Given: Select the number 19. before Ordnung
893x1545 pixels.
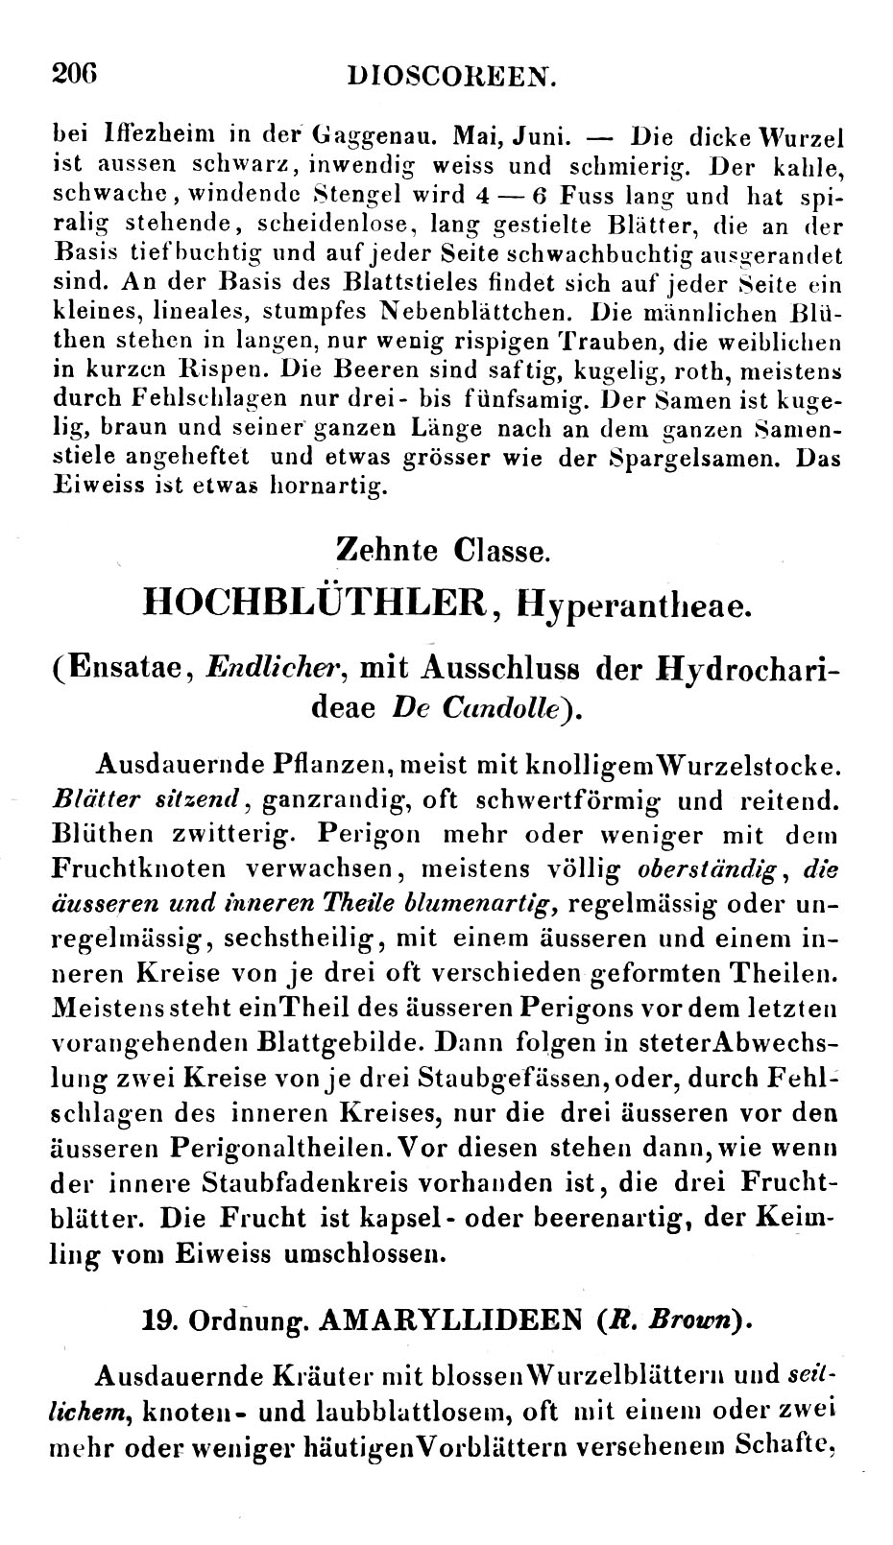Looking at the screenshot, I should [157, 1319].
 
